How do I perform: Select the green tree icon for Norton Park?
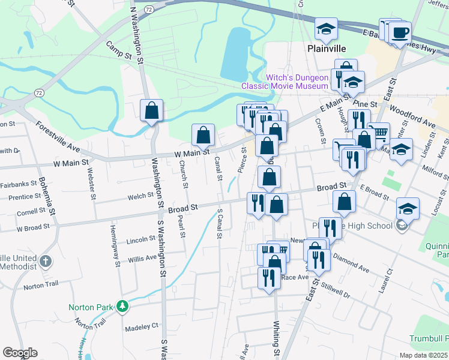tap(122, 307)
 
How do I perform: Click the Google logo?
tap(20, 353)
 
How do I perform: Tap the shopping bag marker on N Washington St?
tap(152, 110)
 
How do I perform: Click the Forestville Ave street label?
tap(58, 137)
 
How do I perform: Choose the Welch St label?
tap(140, 196)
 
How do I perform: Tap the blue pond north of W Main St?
tap(237, 54)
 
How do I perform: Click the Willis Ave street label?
tap(142, 259)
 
